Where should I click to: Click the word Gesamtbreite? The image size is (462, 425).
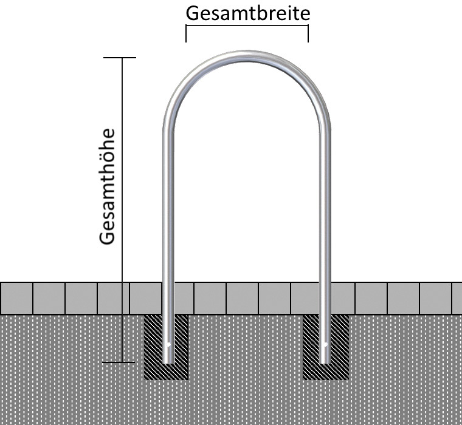[x=247, y=13]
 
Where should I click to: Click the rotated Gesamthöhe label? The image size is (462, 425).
[x=108, y=186]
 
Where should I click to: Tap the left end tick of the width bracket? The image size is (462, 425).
[x=186, y=35]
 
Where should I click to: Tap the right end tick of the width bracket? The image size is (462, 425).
[x=308, y=35]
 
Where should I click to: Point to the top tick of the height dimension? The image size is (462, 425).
[x=120, y=58]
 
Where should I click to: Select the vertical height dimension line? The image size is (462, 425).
[x=123, y=182]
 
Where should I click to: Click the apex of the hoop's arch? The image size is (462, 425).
[x=247, y=55]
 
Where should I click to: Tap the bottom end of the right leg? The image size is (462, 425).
[x=326, y=361]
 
